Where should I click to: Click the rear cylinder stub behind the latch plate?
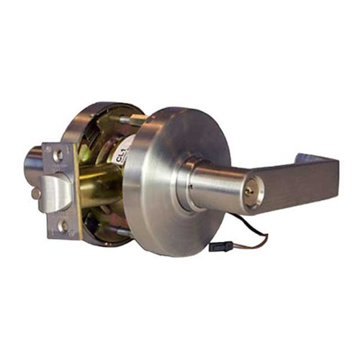32,162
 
